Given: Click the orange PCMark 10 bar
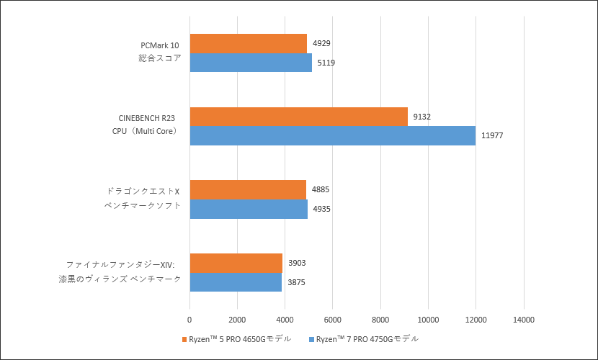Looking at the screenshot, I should click(x=248, y=44).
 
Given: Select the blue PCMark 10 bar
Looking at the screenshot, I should click(x=251, y=63).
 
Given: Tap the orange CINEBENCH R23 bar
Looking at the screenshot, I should click(x=298, y=117).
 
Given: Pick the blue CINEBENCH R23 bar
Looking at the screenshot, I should click(x=332, y=135).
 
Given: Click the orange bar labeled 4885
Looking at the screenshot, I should click(x=248, y=190).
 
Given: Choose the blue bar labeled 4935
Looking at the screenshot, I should click(x=249, y=209).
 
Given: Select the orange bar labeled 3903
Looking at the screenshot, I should click(x=236, y=263).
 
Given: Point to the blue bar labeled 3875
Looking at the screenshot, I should click(x=236, y=282).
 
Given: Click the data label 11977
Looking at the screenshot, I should click(x=493, y=136).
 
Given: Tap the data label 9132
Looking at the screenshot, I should click(x=422, y=117).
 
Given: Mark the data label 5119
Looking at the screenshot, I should click(x=325, y=63).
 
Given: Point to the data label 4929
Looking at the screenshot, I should click(x=321, y=44).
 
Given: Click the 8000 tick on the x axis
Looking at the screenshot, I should click(x=380, y=319).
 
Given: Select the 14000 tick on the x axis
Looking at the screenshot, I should click(x=523, y=319).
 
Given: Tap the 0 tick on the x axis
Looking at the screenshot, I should click(x=189, y=319).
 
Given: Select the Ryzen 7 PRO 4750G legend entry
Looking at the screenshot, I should click(x=367, y=338).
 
